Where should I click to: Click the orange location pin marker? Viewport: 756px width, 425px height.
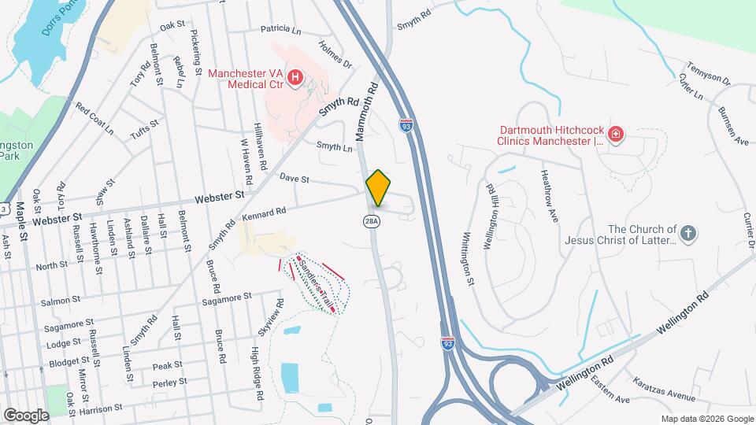coord(378,188)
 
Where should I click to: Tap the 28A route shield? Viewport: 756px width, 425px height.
coord(372,222)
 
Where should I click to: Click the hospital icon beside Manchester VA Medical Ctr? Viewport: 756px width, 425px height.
coord(295,77)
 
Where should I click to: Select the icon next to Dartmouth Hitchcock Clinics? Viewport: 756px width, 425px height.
coord(616,135)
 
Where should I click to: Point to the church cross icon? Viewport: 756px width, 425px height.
coord(688,234)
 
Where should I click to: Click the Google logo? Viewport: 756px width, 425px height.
coord(26,415)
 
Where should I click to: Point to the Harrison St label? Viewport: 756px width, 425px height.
coord(102,410)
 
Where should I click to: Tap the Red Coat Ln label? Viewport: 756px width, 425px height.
coord(94,118)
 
